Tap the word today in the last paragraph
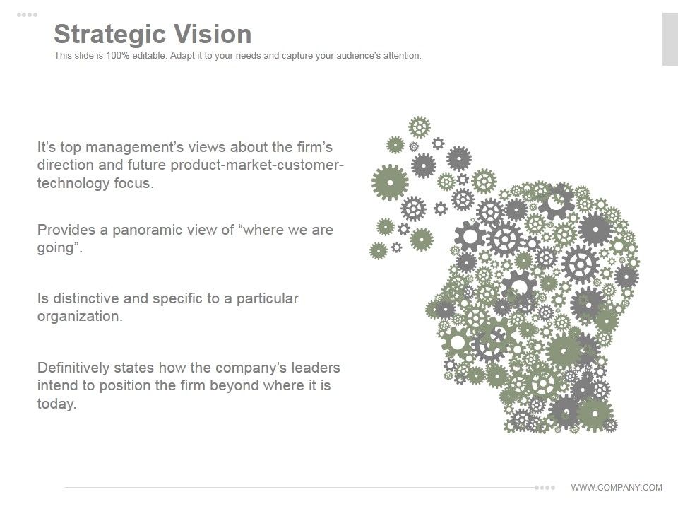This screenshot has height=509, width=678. pyautogui.click(x=54, y=404)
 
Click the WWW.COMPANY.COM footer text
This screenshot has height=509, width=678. pyautogui.click(x=617, y=487)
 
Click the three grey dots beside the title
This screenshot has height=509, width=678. pyautogui.click(x=28, y=15)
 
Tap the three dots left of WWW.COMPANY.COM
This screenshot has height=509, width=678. pyautogui.click(x=545, y=487)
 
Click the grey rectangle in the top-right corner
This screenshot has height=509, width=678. pyautogui.click(x=670, y=39)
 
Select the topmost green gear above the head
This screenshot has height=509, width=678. pyautogui.click(x=420, y=127)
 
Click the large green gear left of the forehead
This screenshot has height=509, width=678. pyautogui.click(x=390, y=182)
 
